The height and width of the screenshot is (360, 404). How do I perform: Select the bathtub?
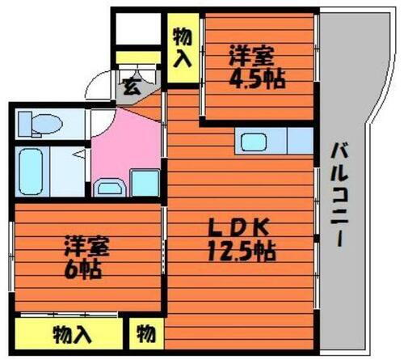35,168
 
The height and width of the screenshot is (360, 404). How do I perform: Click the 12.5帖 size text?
242,252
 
